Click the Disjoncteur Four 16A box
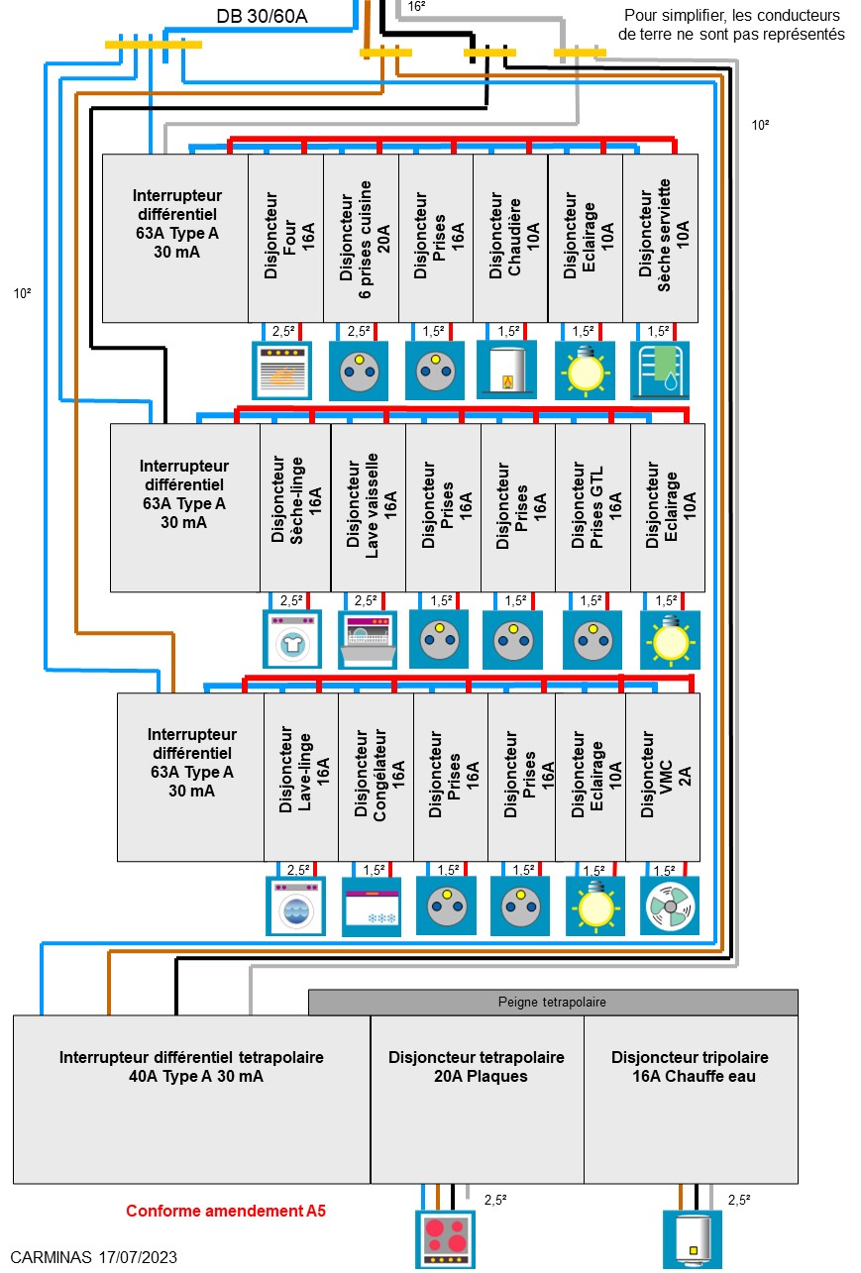pyautogui.click(x=285, y=238)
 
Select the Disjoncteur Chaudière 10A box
pyautogui.click(x=510, y=238)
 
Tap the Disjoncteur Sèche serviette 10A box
pyautogui.click(x=661, y=238)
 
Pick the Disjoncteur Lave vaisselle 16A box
pyautogui.click(x=368, y=507)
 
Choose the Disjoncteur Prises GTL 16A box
pyautogui.click(x=592, y=507)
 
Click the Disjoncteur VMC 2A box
pyautogui.click(x=662, y=777)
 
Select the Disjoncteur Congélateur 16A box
pyautogui.click(x=376, y=777)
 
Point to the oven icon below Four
pyautogui.click(x=282, y=371)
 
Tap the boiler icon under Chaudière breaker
pyautogui.click(x=506, y=371)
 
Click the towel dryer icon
pyautogui.click(x=660, y=371)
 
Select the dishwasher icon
pyautogui.click(x=368, y=640)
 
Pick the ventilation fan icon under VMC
pyautogui.click(x=669, y=905)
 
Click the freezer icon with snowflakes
pyautogui.click(x=372, y=906)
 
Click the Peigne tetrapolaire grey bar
pyautogui.click(x=552, y=1002)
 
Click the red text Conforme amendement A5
pyautogui.click(x=226, y=1211)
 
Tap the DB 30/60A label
pyautogui.click(x=261, y=16)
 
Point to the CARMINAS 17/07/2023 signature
pyautogui.click(x=94, y=1257)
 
